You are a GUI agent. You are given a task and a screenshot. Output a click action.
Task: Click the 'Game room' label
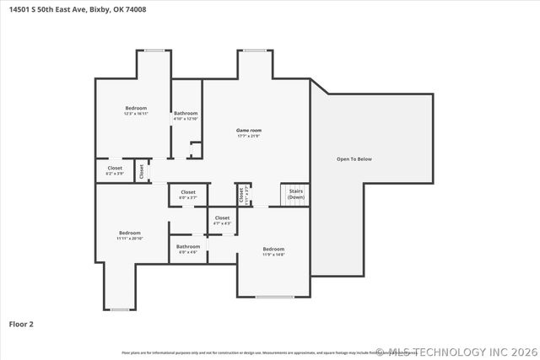click(248, 131)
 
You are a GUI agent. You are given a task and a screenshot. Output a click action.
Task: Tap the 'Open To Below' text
click(354, 159)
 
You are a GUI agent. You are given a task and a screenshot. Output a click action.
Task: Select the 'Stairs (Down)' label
click(296, 194)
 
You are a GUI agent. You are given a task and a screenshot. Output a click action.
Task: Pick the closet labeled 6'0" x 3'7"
click(187, 192)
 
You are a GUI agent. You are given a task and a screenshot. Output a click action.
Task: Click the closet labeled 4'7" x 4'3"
click(222, 218)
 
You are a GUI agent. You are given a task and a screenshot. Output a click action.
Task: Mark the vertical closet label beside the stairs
click(240, 196)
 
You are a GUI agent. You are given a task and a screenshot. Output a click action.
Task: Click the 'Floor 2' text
click(21, 323)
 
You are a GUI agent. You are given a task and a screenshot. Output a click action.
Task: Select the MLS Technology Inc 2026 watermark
click(455, 352)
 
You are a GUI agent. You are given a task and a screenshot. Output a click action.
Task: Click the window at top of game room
click(255, 51)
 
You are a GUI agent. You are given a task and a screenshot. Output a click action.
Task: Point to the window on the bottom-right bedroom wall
click(274, 297)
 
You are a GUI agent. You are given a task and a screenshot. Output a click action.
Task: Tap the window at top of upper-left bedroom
click(154, 51)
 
